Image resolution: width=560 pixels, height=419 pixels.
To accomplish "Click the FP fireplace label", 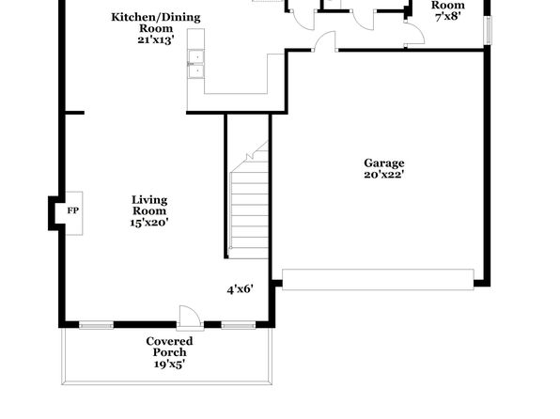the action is click(x=73, y=210).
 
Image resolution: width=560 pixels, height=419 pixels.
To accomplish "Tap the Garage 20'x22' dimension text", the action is click(x=384, y=175).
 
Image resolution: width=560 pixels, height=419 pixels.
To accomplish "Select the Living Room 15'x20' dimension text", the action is click(x=149, y=223).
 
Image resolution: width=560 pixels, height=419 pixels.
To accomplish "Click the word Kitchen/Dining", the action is click(x=156, y=17).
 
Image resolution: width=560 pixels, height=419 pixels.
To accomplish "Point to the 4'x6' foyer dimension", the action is click(x=241, y=289).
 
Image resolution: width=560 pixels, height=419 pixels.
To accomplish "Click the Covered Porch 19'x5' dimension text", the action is click(x=170, y=364).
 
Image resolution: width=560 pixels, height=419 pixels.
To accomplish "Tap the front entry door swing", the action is click(x=189, y=316).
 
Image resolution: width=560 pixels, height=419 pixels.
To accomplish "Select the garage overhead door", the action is click(x=378, y=279).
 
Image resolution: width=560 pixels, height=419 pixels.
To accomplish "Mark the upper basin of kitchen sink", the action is click(x=196, y=56).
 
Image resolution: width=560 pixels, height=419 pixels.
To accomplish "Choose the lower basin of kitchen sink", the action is click(x=196, y=71).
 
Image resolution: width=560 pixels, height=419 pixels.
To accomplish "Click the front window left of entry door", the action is click(x=96, y=325).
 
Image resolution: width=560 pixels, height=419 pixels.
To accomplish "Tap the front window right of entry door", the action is click(x=239, y=325).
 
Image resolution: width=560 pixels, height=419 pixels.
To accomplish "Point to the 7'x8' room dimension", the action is click(x=448, y=16).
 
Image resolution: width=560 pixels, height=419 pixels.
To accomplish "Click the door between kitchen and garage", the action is click(x=325, y=41).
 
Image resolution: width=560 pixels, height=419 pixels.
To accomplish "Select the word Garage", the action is click(x=384, y=163).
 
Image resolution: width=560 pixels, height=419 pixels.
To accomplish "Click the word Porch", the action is click(x=170, y=352).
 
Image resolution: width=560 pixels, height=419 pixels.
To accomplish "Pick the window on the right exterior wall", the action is click(x=488, y=30).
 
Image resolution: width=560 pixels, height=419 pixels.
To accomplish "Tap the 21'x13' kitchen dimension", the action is click(x=156, y=39).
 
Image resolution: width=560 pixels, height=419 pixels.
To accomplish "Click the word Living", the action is click(x=149, y=200).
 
